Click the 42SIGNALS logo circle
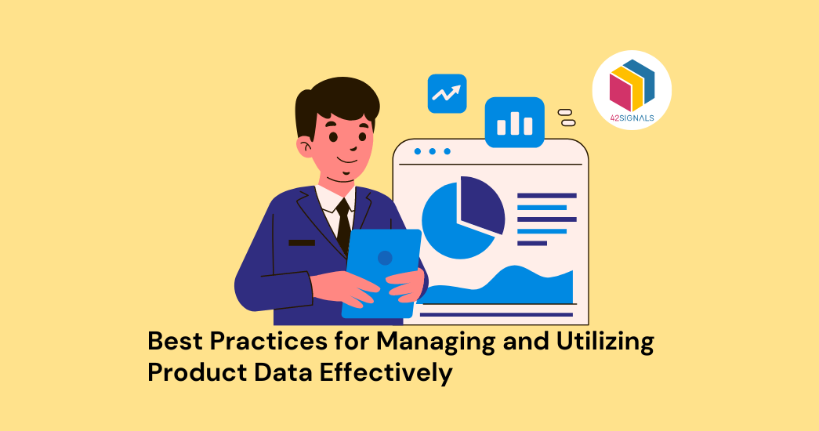[631, 89]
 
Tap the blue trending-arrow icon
[447, 93]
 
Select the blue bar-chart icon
[514, 121]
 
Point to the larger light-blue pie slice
[451, 223]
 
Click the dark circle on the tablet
[385, 257]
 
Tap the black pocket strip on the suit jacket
[302, 243]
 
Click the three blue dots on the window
[432, 151]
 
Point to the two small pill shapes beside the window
[567, 118]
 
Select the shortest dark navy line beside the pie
[532, 243]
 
